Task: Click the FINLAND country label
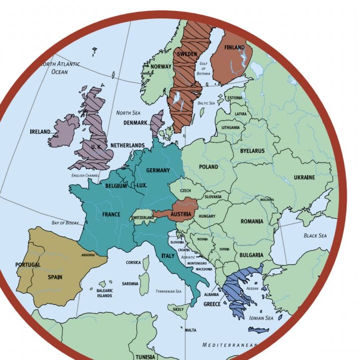point(234,48)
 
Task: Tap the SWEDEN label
point(187,54)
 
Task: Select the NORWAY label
point(161,67)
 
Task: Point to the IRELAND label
point(41,132)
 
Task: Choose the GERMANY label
point(158,170)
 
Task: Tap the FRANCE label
point(111,214)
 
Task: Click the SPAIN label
point(55,277)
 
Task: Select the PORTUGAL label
point(28,265)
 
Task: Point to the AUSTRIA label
point(181,214)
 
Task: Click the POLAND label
point(208,167)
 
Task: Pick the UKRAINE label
point(304,177)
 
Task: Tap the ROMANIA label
point(252,221)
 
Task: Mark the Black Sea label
point(315,236)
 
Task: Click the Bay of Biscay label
point(65,223)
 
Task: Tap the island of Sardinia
point(144,284)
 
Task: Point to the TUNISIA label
point(145,356)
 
